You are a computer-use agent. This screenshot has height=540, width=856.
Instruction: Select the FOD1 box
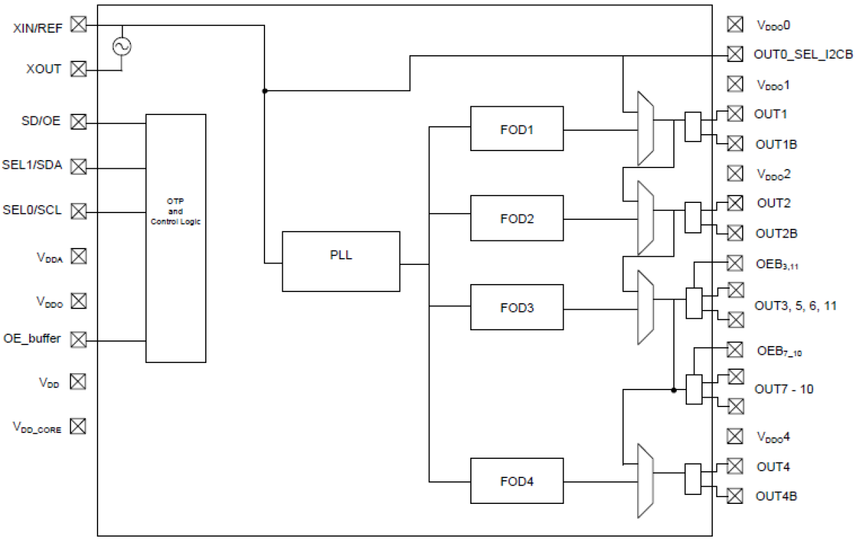click(x=517, y=129)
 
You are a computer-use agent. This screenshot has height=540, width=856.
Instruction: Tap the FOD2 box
click(x=517, y=218)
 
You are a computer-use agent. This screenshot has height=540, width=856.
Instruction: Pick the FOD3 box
click(x=517, y=307)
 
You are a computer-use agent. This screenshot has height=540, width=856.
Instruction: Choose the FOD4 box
click(x=517, y=481)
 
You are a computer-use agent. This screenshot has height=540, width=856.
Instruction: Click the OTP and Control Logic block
click(x=176, y=238)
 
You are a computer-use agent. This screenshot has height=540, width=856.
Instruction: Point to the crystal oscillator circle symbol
click(x=123, y=46)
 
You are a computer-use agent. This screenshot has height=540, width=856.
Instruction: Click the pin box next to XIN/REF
click(x=79, y=25)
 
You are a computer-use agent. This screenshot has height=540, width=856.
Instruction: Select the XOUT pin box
click(x=79, y=69)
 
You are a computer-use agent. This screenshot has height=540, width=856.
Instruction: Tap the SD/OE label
click(x=41, y=121)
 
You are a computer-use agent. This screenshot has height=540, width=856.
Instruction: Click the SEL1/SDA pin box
click(x=79, y=167)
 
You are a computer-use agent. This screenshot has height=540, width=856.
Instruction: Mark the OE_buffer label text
click(x=32, y=338)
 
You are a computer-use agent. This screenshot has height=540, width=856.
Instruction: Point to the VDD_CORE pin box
click(x=79, y=426)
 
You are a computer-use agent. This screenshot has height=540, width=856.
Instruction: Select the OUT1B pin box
click(x=735, y=144)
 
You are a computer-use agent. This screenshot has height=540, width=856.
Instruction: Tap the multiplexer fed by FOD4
click(x=645, y=481)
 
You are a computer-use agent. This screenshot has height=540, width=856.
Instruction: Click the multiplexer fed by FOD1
click(x=645, y=129)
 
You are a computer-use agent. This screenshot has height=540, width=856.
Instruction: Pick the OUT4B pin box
click(x=735, y=496)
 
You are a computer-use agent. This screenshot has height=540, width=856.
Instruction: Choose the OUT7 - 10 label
click(x=784, y=390)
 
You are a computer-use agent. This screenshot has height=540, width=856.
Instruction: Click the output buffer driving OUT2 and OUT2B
click(x=692, y=217)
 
